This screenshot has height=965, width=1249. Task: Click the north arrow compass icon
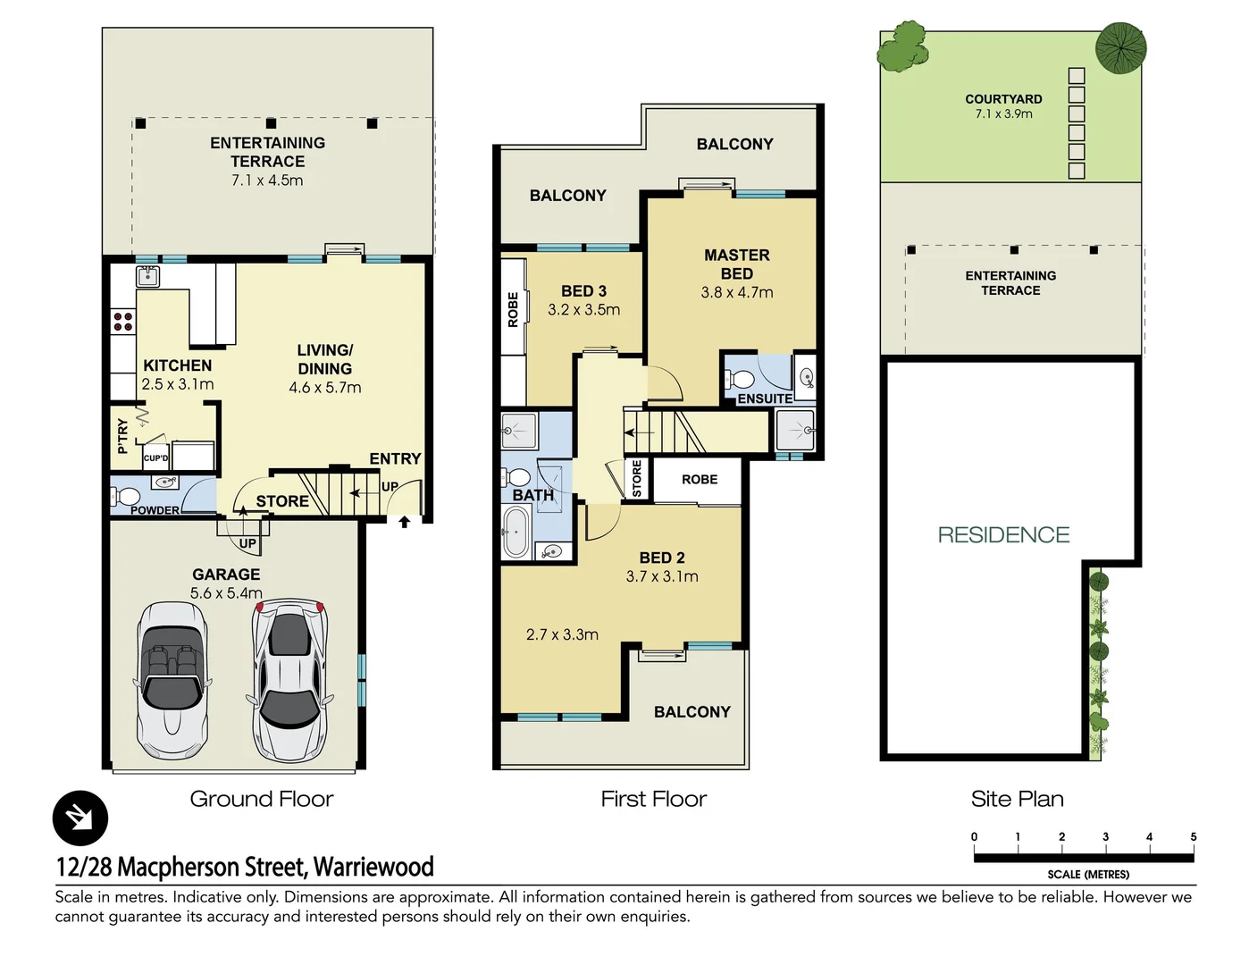pos(80,818)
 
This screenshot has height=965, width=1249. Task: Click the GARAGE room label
pos(226,575)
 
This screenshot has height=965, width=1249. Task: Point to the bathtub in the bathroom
pos(516,532)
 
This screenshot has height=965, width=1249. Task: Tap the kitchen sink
pos(147,276)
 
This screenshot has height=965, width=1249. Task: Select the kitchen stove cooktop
pos(122,322)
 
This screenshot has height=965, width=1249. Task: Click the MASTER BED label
pos(736,264)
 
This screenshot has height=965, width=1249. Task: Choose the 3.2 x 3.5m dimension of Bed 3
pos(583,310)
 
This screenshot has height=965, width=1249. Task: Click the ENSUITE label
pos(765,399)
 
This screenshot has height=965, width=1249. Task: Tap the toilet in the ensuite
pos(739,378)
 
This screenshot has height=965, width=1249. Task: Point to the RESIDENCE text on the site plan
pos(1003,535)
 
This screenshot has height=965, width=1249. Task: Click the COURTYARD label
pos(1003,99)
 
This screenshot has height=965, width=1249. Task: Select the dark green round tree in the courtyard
pos(1120,47)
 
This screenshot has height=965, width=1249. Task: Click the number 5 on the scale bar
pos(1193,837)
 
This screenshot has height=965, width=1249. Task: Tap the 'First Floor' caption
pos(653,799)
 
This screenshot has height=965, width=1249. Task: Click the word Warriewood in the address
pos(373,867)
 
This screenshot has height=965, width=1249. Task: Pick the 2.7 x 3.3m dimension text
pos(562,634)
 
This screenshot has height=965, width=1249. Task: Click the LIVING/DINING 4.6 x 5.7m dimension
pos(325,388)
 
